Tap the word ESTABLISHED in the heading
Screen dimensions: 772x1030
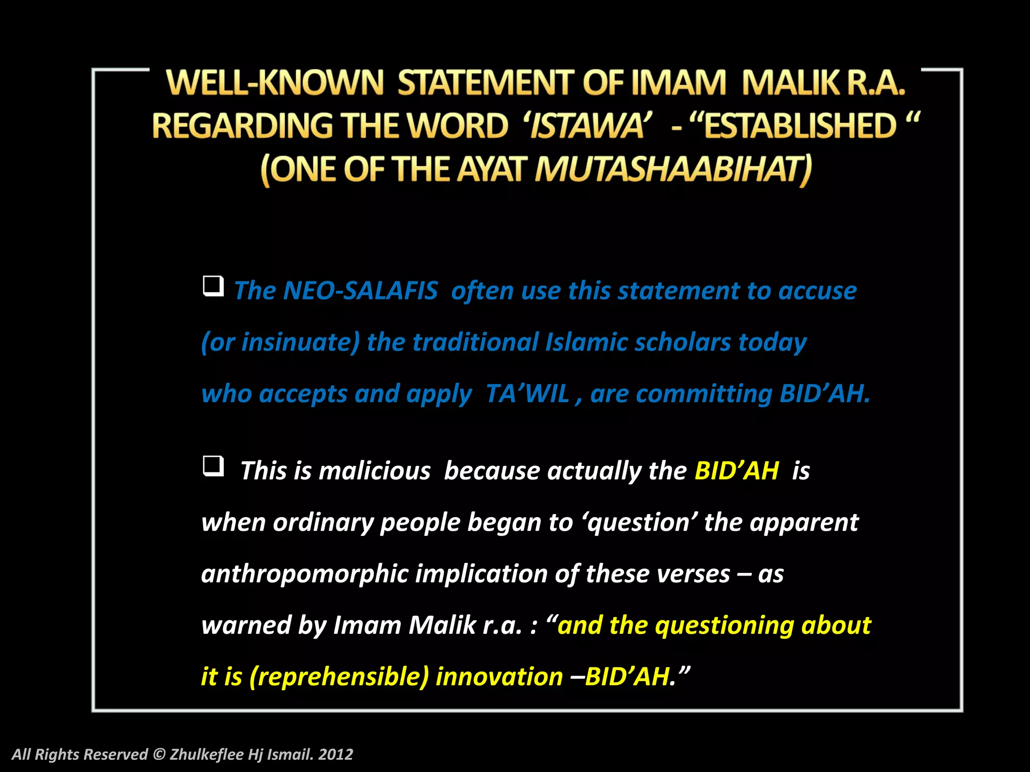(800, 125)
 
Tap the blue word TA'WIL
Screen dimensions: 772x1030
(528, 394)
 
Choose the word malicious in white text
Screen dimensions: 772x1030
(374, 471)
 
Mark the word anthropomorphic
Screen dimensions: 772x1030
(304, 574)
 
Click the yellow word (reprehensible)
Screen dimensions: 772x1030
(338, 677)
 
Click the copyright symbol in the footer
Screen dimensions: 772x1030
(159, 754)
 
